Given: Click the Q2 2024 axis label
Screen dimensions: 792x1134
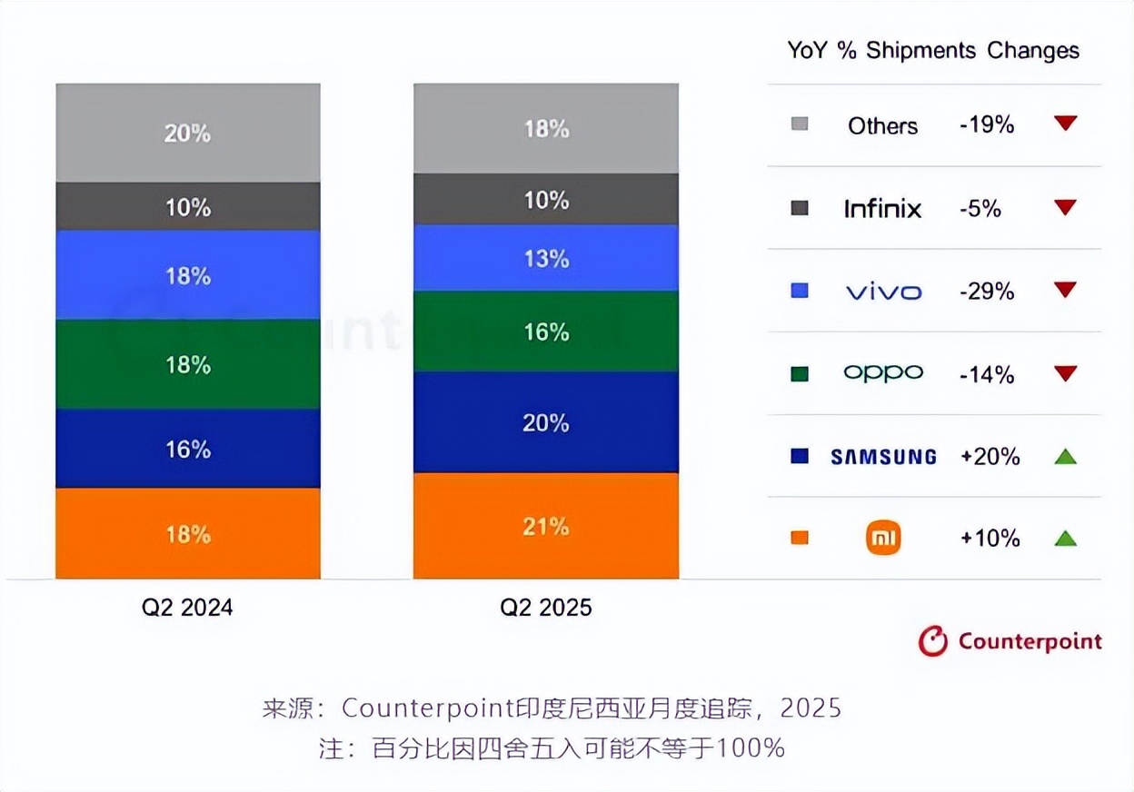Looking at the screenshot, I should tap(187, 608).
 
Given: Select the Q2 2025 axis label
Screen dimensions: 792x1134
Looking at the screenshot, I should tap(545, 608).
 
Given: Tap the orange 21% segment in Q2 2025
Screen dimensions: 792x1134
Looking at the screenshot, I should tap(545, 526).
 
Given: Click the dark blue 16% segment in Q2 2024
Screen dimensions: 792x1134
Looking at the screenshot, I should tap(188, 449).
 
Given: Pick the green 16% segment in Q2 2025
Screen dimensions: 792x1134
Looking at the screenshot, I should tap(545, 332).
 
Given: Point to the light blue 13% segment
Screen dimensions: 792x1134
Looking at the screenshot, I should tap(545, 259).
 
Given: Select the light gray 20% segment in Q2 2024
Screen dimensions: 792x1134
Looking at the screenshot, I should tap(188, 133).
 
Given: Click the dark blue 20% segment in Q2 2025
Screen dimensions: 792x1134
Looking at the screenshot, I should tap(545, 422).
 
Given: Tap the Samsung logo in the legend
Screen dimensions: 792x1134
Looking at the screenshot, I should tap(883, 457).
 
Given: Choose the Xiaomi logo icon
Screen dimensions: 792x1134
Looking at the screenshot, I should tap(883, 539).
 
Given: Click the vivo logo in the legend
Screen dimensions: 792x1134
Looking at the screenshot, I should tap(883, 292).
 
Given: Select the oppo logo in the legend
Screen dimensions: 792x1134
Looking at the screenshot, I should tap(883, 372).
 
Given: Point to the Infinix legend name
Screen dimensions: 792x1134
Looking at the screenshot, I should tap(882, 209).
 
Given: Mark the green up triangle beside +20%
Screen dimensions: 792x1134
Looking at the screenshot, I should tap(1065, 456).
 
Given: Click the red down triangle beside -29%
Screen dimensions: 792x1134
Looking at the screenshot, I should tap(1065, 290).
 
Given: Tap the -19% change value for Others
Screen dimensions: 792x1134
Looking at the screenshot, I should tap(987, 124).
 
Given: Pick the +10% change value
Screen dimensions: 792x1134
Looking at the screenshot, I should tap(990, 539).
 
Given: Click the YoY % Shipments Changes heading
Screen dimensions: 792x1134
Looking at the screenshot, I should tap(933, 50).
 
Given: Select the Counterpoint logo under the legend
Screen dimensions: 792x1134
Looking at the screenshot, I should tap(1010, 641).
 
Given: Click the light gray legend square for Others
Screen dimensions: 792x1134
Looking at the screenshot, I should tap(800, 124).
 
